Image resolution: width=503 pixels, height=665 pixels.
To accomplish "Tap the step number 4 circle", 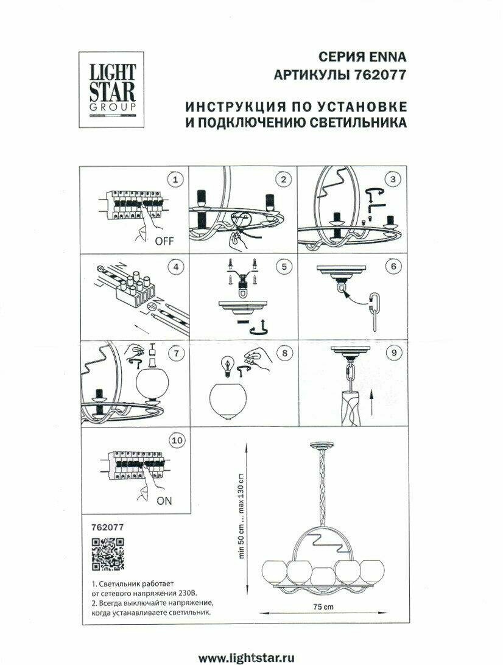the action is (x=175, y=266).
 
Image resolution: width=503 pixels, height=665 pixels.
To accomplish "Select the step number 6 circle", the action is (x=393, y=266).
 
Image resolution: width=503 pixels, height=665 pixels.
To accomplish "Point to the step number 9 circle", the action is (x=393, y=353).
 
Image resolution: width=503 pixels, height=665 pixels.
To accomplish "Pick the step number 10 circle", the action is (x=177, y=439).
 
